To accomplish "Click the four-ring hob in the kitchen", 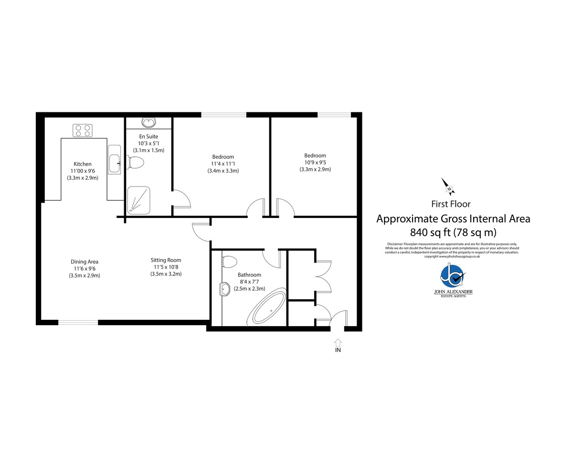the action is pos(83,131).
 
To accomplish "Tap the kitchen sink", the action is pos(115,160).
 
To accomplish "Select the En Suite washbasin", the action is pos(149,123).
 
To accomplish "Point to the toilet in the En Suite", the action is pos(135,163).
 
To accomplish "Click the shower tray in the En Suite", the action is pos(138,200).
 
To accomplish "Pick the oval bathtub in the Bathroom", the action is pos(266,306).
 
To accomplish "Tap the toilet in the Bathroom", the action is pos(230,262).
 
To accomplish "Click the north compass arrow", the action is pos(448,187).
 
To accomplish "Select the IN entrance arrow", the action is pos(338,342).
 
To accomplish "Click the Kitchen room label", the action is pos(83,164).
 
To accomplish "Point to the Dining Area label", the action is pos(85,262).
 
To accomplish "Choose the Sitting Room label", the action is pos(166,260).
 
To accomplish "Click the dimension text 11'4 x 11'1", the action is pos(223,164).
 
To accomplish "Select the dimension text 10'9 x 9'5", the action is pos(315,163).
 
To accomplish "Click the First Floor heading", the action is pos(451,204).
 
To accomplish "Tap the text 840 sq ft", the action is pos(430,232).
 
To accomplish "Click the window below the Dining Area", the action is pos(78,322).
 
